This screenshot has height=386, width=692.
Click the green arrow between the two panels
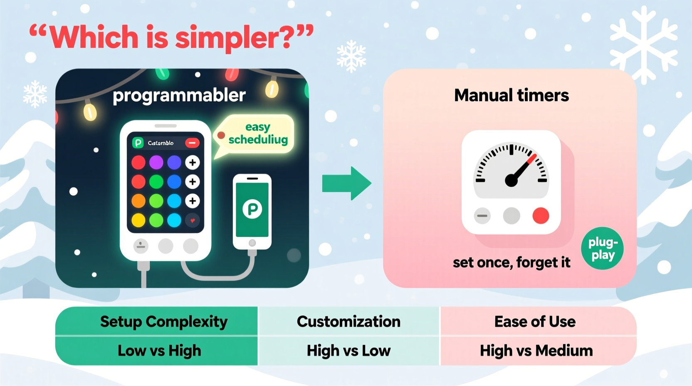point(346,183)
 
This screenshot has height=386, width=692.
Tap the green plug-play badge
point(602,248)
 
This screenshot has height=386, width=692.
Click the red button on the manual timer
point(541,216)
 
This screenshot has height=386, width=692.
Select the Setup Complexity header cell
point(163,322)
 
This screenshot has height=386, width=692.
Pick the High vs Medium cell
point(536,351)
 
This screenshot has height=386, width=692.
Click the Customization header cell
point(348,322)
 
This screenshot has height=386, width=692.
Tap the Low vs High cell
point(159,351)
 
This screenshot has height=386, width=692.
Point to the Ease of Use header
point(535,322)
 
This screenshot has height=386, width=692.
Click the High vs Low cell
point(348,351)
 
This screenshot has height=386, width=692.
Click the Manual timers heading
point(511,95)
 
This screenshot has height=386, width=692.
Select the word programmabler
point(179,95)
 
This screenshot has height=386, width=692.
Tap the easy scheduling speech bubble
point(256,134)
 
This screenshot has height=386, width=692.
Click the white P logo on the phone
point(252,209)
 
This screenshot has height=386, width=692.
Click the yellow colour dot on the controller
point(138,220)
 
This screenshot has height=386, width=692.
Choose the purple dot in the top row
point(156,162)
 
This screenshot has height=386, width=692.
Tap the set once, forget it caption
point(511,262)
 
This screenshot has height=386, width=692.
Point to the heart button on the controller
point(193,220)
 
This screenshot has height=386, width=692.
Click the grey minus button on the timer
point(482,216)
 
